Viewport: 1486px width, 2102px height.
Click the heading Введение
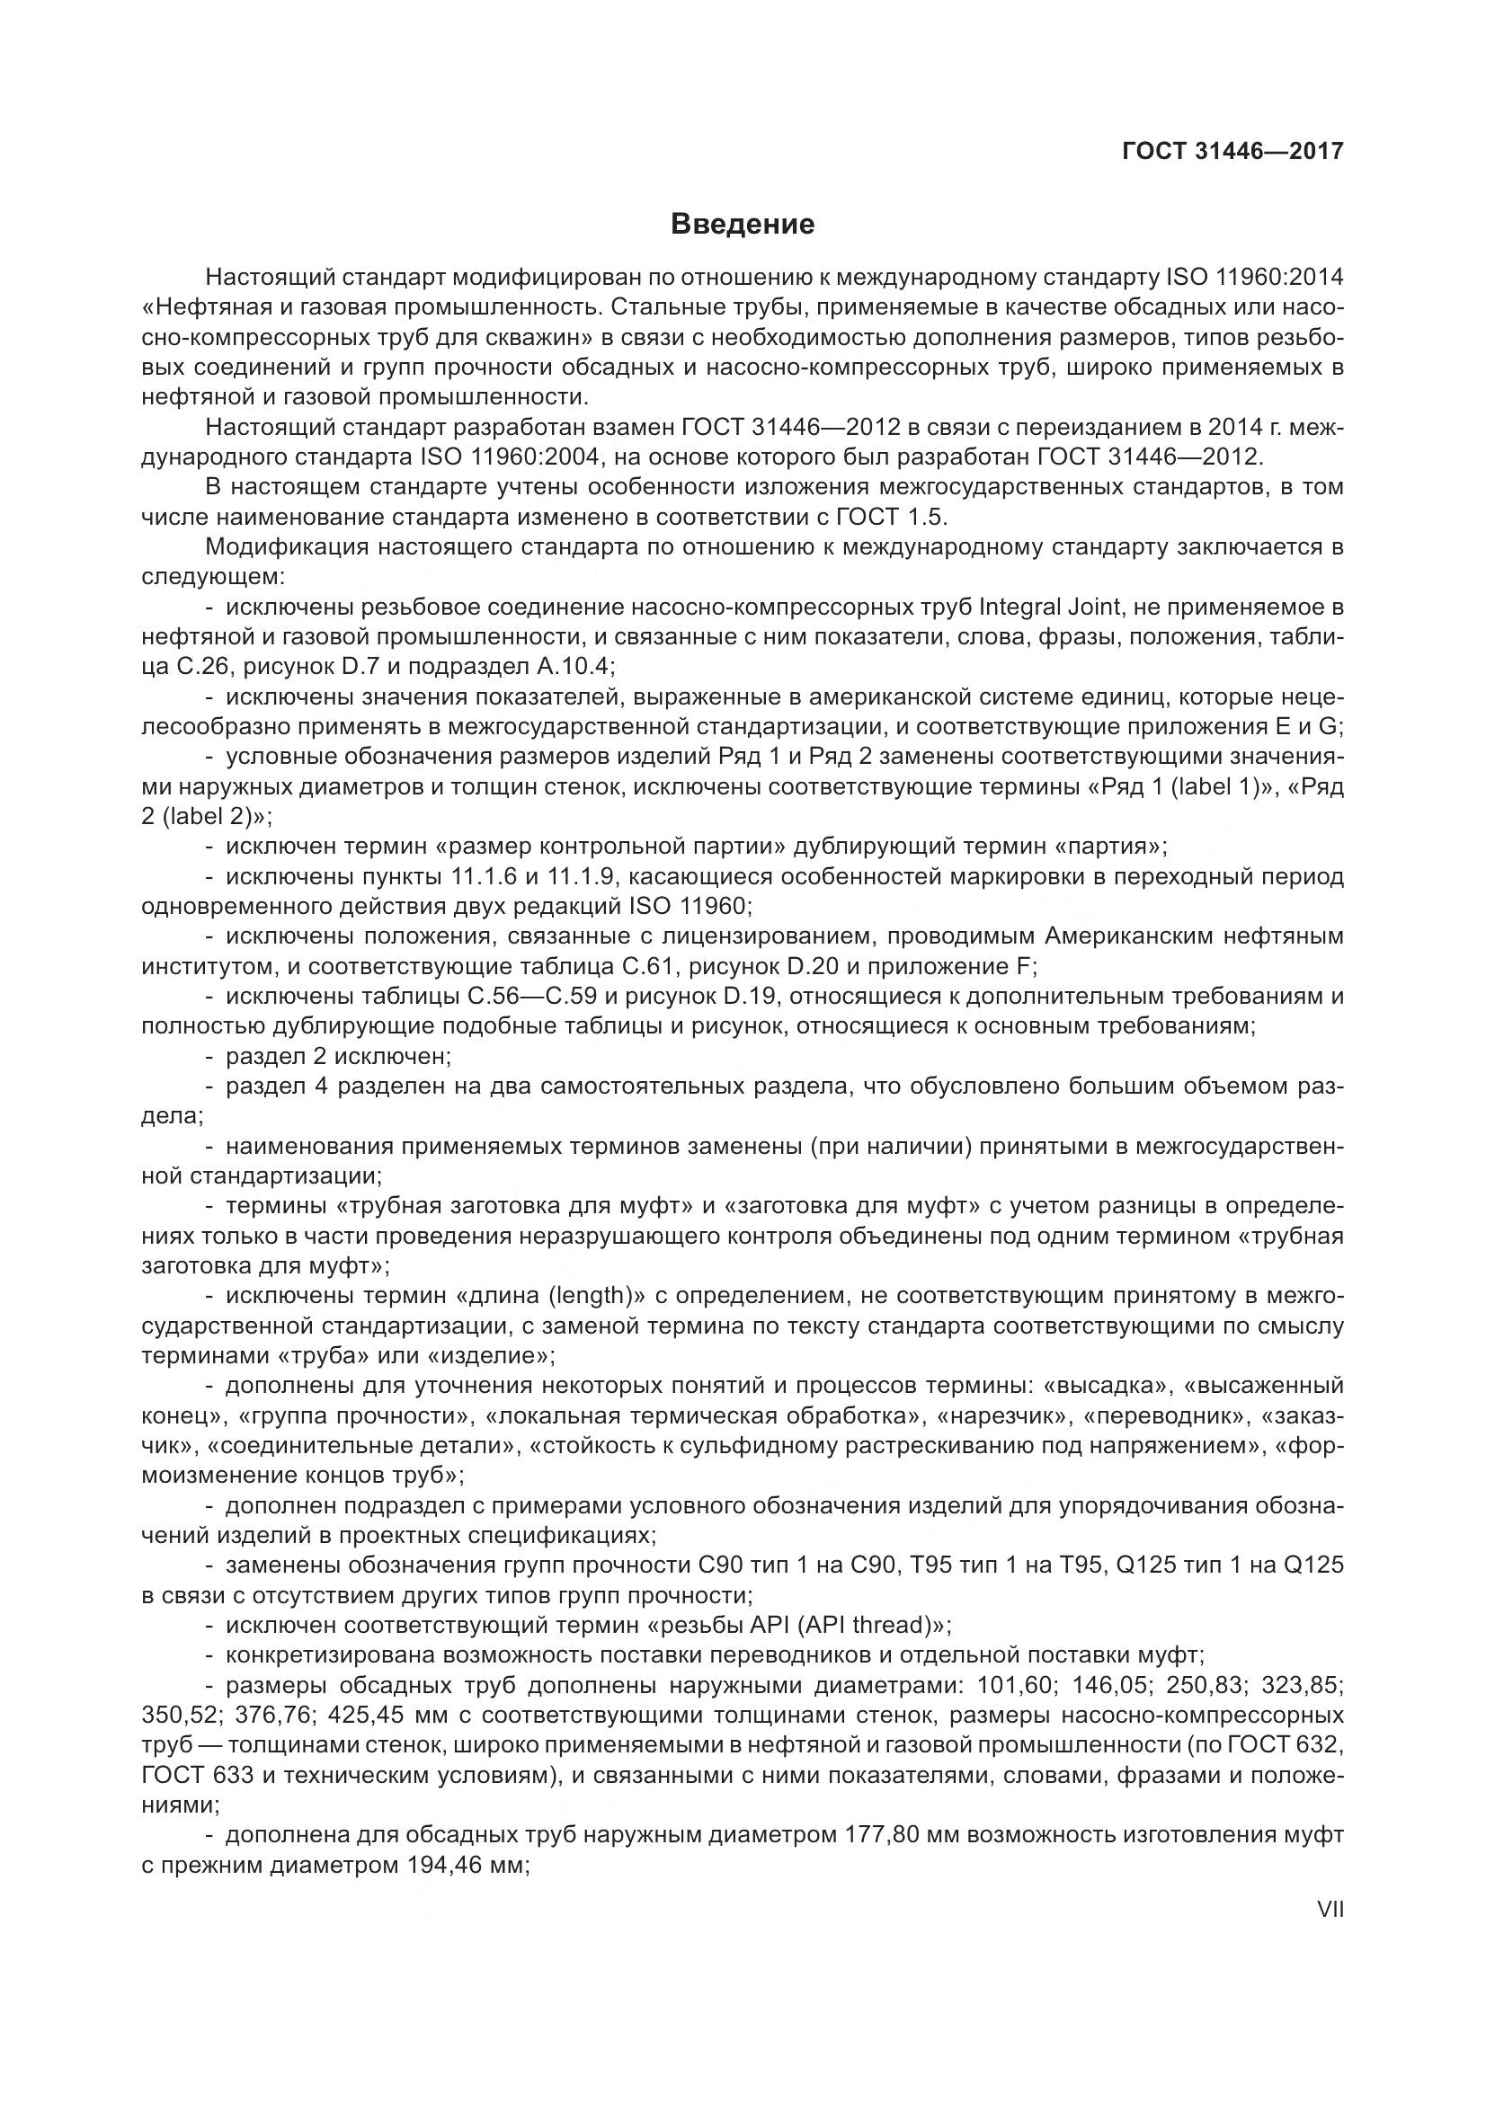point(742,225)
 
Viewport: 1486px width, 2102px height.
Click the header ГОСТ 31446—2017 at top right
point(1232,151)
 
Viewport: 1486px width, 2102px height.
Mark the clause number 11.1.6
point(485,877)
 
